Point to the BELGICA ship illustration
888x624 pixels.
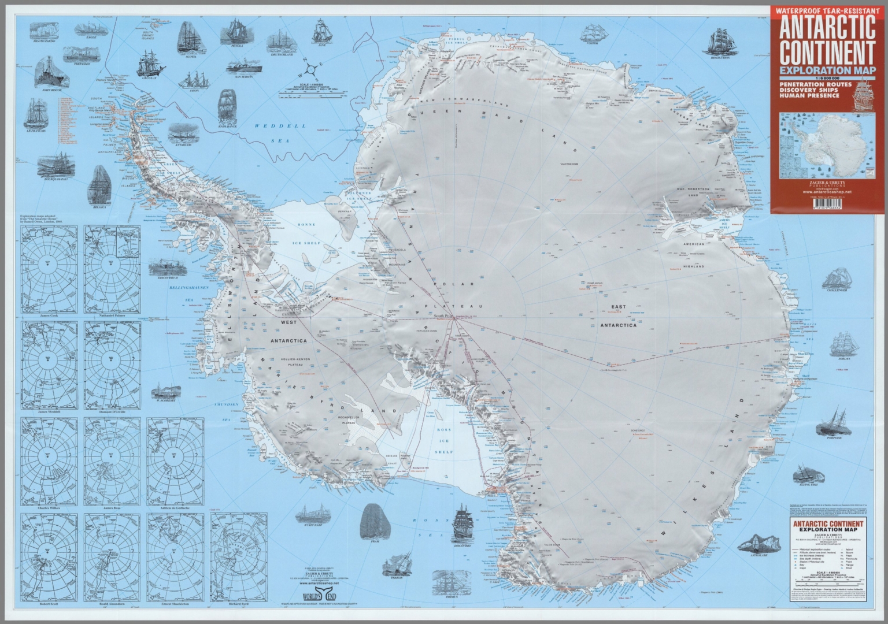click(101, 185)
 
